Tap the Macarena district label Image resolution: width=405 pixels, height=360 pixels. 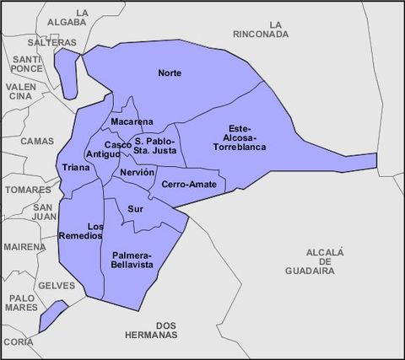pos(132,122)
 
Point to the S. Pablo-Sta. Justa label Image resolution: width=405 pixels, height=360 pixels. pos(154,146)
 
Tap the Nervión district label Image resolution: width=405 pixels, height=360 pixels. pos(137,172)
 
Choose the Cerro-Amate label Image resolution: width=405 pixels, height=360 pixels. pos(188,184)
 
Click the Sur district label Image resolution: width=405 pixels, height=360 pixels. pos(135,208)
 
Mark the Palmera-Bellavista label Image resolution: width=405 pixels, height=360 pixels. pos(131,260)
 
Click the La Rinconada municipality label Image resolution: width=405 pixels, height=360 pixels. pos(262,29)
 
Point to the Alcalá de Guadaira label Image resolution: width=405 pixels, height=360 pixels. pos(326,261)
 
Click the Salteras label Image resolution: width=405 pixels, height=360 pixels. pos(46,41)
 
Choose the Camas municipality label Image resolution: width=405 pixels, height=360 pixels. pos(36,141)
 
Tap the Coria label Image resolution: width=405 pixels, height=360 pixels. pos(19,341)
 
